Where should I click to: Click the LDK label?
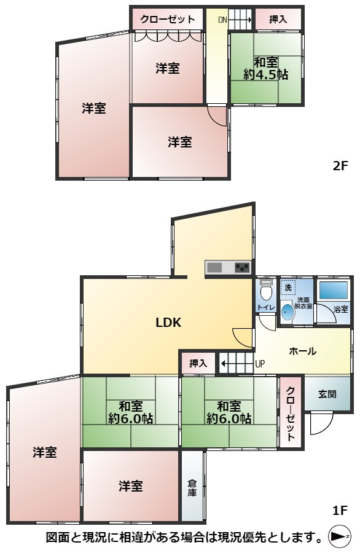(x=168, y=322)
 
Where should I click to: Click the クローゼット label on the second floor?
(x=167, y=19)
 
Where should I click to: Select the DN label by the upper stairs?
(x=222, y=20)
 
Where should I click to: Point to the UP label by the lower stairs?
(x=260, y=364)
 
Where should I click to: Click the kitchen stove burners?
(x=242, y=267)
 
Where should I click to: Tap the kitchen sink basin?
(x=215, y=267)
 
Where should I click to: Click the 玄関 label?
(x=327, y=394)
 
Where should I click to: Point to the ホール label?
(x=303, y=351)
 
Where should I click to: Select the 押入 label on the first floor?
(x=198, y=363)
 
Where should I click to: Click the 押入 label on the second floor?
(x=278, y=19)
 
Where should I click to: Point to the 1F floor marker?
(x=340, y=509)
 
